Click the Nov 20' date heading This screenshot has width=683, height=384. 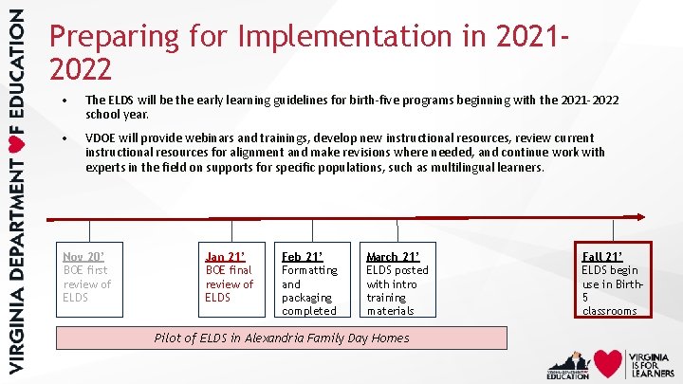[83, 256]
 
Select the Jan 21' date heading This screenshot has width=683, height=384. [225, 256]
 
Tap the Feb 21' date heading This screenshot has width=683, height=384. [302, 256]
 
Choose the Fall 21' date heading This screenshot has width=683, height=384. [602, 256]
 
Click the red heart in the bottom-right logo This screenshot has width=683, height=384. [608, 364]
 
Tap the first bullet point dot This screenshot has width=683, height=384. [63, 99]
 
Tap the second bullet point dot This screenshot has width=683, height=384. [63, 138]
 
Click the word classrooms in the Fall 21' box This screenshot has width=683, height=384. [609, 310]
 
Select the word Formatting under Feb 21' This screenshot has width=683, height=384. [309, 270]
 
